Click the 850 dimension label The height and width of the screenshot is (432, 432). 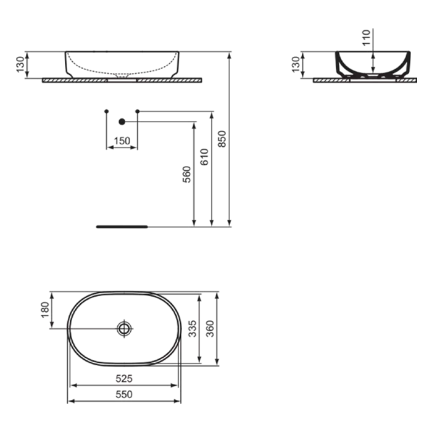point(222,139)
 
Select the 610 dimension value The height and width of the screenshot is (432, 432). point(204,157)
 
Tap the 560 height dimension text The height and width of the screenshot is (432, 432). point(186,175)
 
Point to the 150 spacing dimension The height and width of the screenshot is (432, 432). point(122,141)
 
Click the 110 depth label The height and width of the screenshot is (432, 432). point(366,38)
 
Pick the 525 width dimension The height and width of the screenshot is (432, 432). point(124,378)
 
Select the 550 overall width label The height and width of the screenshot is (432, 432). point(124,394)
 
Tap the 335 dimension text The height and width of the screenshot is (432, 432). point(193,328)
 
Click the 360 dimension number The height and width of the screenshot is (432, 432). point(210,328)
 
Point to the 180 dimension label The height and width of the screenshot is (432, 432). point(45,310)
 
